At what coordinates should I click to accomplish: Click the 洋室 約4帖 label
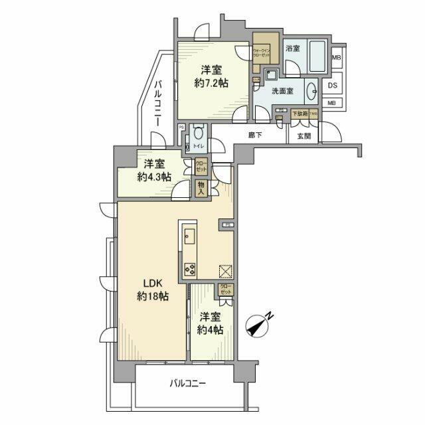point(210,323)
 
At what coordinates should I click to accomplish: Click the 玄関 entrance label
point(303,135)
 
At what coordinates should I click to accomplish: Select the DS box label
point(333,85)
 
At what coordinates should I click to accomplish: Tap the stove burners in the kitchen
point(189,268)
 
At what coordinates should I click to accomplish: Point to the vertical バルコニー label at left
point(159,103)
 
